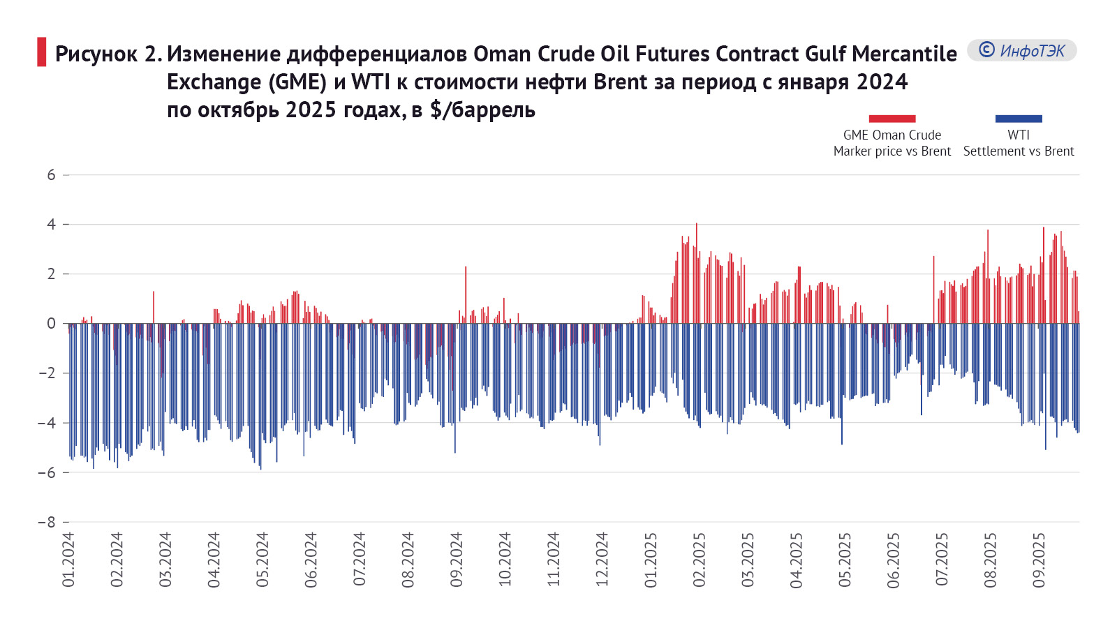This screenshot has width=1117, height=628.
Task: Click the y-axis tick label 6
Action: click(51, 175)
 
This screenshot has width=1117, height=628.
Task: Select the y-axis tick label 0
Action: click(51, 324)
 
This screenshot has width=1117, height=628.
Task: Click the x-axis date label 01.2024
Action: click(68, 560)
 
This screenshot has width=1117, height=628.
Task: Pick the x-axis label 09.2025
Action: click(1039, 560)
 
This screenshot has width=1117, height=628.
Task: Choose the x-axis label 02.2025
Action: click(700, 560)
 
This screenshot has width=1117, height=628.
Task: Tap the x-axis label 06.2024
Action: click(311, 560)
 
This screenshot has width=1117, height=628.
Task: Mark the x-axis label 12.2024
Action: click(602, 560)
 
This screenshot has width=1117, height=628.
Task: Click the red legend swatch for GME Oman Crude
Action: click(892, 119)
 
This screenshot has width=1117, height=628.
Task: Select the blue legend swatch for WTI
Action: click(1019, 119)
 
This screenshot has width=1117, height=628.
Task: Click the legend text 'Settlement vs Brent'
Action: click(1019, 151)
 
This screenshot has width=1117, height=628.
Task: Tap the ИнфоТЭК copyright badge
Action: click(1021, 50)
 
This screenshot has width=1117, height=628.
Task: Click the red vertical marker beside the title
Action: click(42, 52)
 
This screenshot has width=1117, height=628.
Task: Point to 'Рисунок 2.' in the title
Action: click(108, 54)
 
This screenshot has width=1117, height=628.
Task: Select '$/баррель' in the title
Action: click(482, 110)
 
